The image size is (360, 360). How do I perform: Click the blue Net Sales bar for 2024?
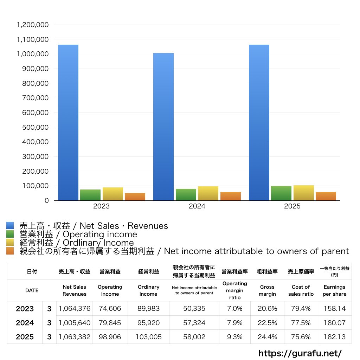163,127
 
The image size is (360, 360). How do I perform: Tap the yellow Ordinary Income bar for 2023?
113,194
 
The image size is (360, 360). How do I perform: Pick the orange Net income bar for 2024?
231,196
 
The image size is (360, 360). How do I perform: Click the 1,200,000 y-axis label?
32,25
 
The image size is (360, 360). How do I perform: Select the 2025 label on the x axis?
292,206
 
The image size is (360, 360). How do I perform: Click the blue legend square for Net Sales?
10,226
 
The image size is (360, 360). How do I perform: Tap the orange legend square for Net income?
10,251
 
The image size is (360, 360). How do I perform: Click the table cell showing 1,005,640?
75,323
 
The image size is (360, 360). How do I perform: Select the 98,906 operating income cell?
110,337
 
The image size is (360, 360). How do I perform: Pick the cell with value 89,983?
148,309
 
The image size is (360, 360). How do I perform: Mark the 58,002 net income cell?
194,337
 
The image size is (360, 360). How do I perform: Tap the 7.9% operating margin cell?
234,323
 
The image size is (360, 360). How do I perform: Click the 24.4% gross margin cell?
267,337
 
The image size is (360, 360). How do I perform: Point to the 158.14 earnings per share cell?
334,309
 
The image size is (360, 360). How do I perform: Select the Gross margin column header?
267,290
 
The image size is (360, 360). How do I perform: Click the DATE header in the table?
32,290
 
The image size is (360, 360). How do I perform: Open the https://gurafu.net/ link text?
300,353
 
